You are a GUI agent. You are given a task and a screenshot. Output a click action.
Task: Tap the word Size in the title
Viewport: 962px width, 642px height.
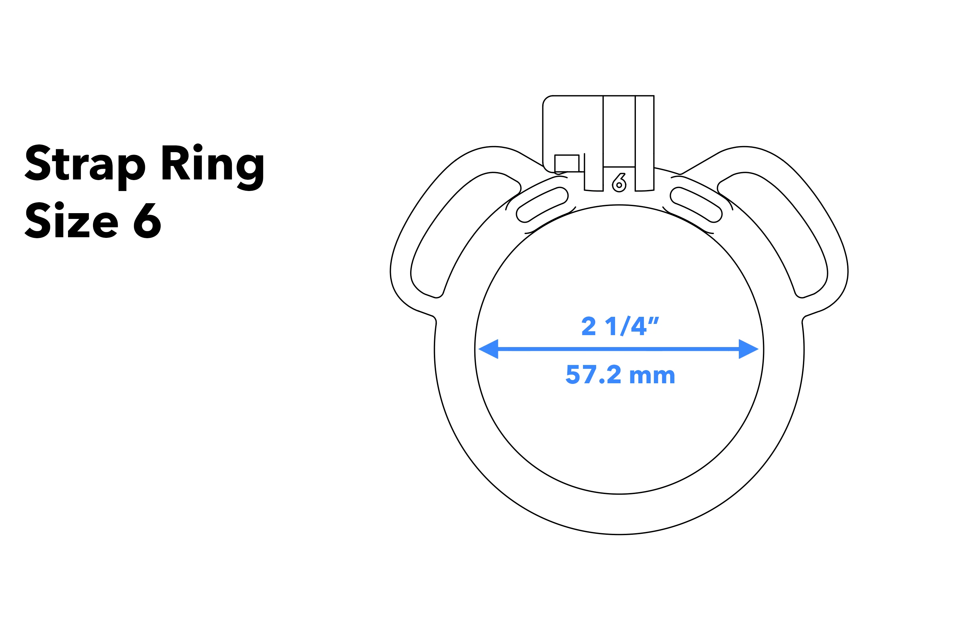click(x=72, y=220)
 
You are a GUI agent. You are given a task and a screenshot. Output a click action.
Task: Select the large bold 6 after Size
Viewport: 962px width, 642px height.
click(x=147, y=220)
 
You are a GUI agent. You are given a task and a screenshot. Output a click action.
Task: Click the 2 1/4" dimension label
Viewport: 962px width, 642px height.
click(x=620, y=326)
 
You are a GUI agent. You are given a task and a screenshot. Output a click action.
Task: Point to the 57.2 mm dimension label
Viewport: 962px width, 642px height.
click(x=620, y=375)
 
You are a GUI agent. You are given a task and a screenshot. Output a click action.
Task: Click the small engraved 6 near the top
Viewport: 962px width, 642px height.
click(x=619, y=183)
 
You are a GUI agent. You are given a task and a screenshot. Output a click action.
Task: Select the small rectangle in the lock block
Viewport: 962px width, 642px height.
click(x=567, y=163)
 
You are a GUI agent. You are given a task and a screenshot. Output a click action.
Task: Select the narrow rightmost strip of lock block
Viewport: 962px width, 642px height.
click(x=644, y=139)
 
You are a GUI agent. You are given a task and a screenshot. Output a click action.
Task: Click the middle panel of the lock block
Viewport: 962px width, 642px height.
click(x=619, y=131)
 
